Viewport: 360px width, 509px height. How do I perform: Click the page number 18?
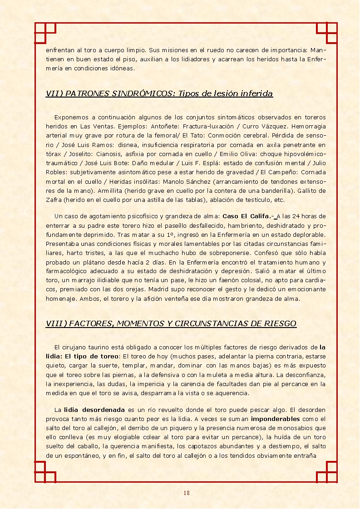(187, 493)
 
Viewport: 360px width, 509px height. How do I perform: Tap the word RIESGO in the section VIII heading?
(281, 323)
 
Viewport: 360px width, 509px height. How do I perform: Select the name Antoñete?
(164, 126)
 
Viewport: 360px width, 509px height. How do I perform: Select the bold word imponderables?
(275, 419)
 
